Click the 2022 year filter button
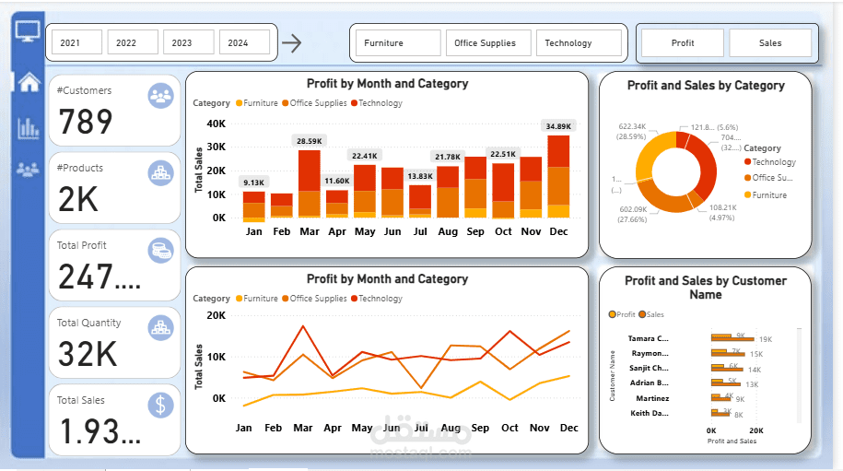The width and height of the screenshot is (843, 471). [x=126, y=42]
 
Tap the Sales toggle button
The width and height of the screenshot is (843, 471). [x=770, y=42]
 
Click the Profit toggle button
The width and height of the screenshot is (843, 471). [x=683, y=42]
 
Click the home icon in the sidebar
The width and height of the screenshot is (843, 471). [x=29, y=82]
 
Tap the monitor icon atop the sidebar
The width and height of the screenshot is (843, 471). [x=29, y=30]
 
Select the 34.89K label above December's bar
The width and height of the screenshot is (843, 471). [x=558, y=126]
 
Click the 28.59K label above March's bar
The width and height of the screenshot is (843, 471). [x=310, y=141]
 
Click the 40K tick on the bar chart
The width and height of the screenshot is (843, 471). [x=216, y=124]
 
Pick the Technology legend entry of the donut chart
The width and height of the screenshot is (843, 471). [x=773, y=162]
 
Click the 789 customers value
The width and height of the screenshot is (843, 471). [x=86, y=122]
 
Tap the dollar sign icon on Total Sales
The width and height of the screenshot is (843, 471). [x=161, y=405]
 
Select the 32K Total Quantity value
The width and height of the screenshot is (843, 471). [x=88, y=354]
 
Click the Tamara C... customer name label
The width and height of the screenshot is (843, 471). [x=649, y=339]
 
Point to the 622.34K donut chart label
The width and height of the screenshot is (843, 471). [x=632, y=126]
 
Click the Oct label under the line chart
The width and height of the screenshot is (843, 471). [x=509, y=428]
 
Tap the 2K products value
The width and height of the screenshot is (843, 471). [x=81, y=199]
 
